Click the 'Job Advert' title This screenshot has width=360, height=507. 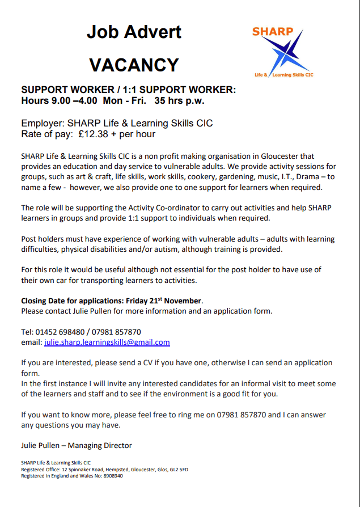pos(134,31)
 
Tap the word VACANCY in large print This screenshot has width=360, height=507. pos(134,65)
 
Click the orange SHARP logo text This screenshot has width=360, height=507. pos(273,31)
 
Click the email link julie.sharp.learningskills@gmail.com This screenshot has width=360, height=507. pos(107,343)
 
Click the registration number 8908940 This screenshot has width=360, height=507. pos(111,476)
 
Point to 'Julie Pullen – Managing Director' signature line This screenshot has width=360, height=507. pos(77,445)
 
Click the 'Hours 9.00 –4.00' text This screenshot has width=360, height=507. pos(54,101)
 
